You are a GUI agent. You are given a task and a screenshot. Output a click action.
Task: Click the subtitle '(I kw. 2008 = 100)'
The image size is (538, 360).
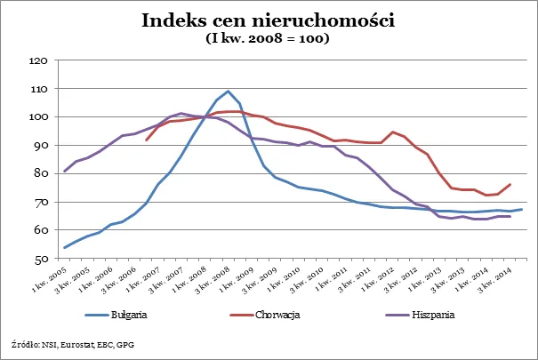pyautogui.click(x=269, y=39)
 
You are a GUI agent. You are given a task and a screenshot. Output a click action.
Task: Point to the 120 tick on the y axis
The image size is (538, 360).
pyautogui.click(x=37, y=60)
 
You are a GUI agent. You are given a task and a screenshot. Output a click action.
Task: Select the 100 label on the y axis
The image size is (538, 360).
pyautogui.click(x=37, y=117)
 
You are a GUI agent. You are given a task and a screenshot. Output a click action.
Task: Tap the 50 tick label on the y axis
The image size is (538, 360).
pyautogui.click(x=40, y=260)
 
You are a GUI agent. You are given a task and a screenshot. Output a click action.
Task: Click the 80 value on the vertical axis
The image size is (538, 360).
pyautogui.click(x=40, y=174)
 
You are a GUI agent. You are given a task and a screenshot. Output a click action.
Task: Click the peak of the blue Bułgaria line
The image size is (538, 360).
pyautogui.click(x=229, y=91)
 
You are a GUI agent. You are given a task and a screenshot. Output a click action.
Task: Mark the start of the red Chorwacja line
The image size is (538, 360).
pyautogui.click(x=147, y=140)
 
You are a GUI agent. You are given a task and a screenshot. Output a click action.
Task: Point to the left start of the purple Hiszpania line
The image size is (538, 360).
pyautogui.click(x=65, y=172)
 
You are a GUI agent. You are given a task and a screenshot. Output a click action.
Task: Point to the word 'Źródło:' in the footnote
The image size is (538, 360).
pyautogui.click(x=23, y=342)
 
